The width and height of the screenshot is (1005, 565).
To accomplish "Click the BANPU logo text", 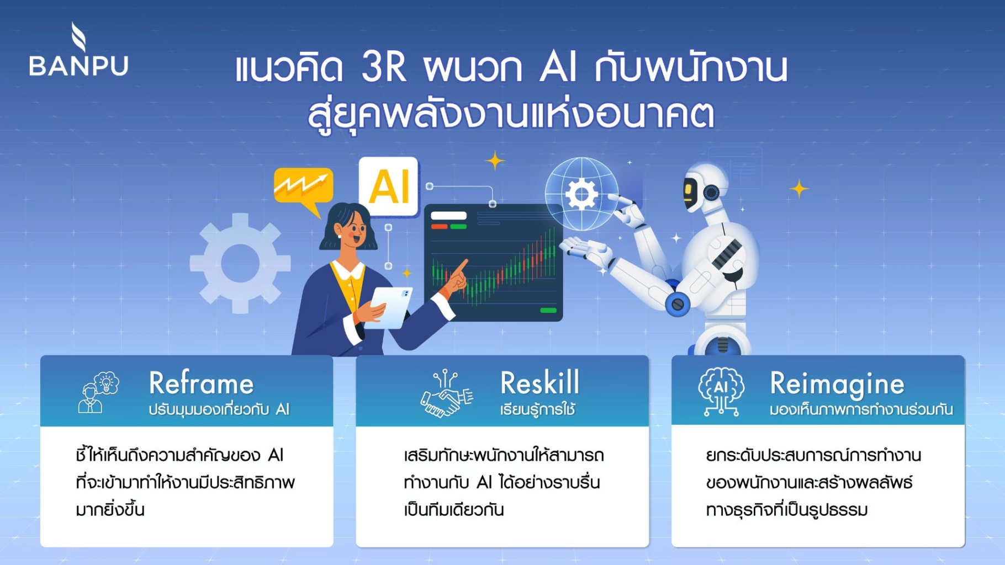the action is (x=78, y=65).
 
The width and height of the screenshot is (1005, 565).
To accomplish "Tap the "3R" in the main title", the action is (x=384, y=67).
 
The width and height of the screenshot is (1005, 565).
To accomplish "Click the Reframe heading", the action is (x=202, y=383).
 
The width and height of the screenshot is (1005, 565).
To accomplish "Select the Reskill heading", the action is (x=539, y=382).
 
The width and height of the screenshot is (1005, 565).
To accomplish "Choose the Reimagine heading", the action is (x=837, y=385).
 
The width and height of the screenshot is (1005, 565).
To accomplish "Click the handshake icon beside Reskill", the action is (x=447, y=393).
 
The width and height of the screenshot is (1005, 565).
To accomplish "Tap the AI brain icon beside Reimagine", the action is (x=721, y=391).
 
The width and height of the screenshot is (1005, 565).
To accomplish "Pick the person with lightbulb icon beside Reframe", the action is (x=98, y=392).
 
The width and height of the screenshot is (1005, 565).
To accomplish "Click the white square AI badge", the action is (x=389, y=186).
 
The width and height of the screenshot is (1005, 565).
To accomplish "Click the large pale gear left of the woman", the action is (x=240, y=263).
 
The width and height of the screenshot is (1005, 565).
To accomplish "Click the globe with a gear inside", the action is (x=581, y=194).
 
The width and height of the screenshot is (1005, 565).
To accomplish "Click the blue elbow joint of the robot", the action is (x=678, y=304).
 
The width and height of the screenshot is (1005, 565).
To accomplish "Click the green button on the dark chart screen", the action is (x=548, y=310).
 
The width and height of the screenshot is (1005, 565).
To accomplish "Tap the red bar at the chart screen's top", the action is (x=440, y=226).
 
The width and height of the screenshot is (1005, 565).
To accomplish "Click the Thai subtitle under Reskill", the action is (x=538, y=409).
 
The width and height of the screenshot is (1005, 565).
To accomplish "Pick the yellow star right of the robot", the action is (x=798, y=189).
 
